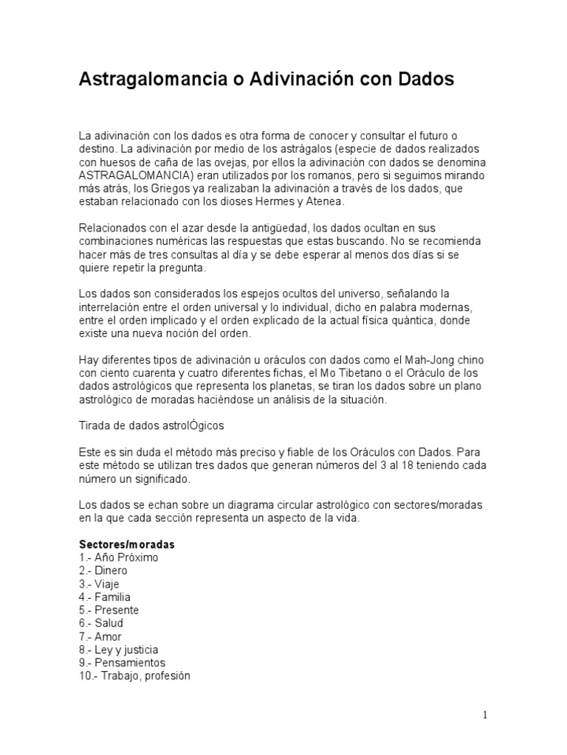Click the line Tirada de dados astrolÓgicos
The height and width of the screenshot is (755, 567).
point(151,426)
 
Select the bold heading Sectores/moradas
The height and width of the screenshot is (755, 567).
point(126,544)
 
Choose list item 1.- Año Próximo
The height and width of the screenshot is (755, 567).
point(118,557)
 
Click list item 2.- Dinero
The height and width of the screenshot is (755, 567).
point(103,571)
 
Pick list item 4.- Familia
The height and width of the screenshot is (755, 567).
point(104,597)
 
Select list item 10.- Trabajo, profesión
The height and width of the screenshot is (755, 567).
point(134,676)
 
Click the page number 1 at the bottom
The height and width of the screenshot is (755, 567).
point(485,714)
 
